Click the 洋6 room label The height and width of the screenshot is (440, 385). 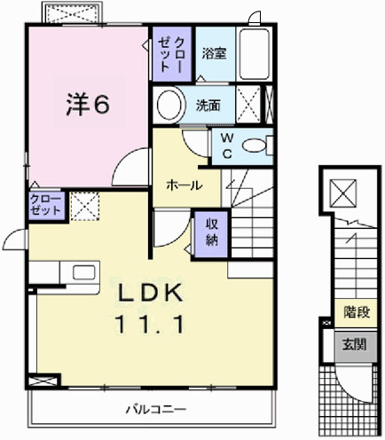click(x=87, y=104)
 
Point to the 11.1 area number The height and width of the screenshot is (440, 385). click(x=148, y=325)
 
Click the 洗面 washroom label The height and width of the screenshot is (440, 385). click(x=208, y=105)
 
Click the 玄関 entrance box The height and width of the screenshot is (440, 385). click(x=355, y=342)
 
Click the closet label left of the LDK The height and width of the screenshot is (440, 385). click(x=45, y=205)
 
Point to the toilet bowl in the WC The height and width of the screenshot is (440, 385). click(x=255, y=146)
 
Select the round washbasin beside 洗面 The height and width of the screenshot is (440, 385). click(x=169, y=105)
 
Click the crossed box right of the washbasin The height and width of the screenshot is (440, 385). click(x=249, y=104)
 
